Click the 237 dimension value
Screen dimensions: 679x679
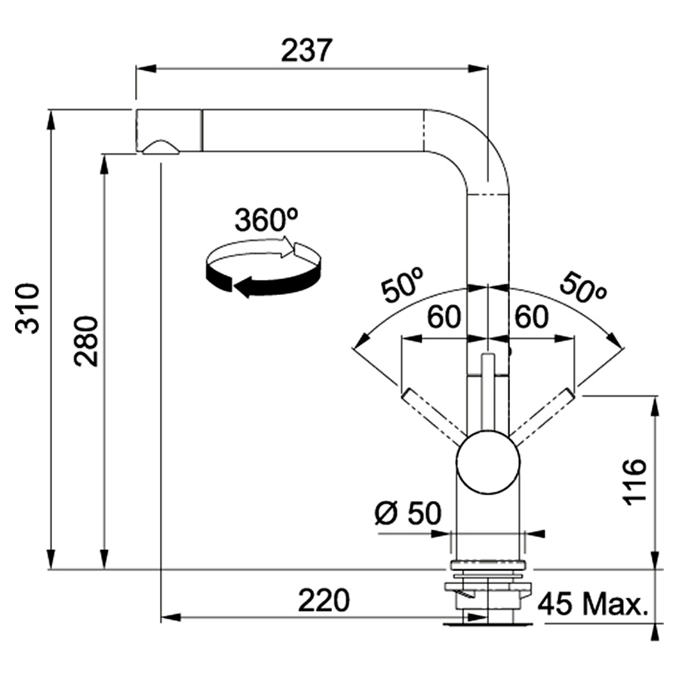[306, 51]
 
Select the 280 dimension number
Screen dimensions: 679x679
[86, 340]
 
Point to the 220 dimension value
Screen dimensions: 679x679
[324, 601]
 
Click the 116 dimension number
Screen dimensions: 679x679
[635, 482]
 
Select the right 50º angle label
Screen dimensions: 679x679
[582, 287]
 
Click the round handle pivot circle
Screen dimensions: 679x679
[488, 462]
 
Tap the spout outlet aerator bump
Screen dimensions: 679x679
[160, 147]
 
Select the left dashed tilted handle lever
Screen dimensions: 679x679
[434, 416]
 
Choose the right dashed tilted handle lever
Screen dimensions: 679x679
[543, 416]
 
